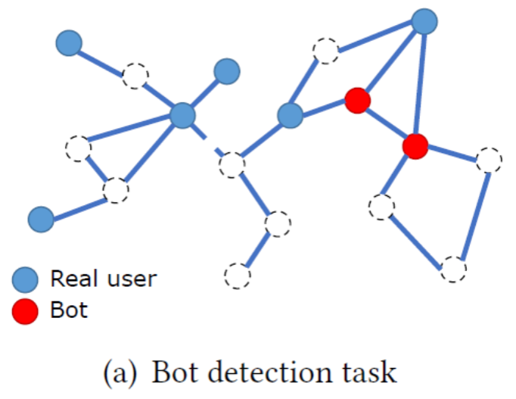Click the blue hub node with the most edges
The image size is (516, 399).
(x=182, y=116)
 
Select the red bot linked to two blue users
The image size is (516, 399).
(x=356, y=99)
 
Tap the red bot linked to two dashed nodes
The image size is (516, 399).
(x=415, y=145)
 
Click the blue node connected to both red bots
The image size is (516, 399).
(x=424, y=20)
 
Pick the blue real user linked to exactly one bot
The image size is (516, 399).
(x=290, y=116)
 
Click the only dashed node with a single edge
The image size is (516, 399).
(x=238, y=273)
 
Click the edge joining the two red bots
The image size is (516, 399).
(x=386, y=122)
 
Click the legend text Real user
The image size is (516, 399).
(x=103, y=279)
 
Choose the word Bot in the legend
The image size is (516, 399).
(x=70, y=310)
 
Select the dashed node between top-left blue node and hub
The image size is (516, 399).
(x=136, y=76)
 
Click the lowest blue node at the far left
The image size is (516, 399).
(x=40, y=220)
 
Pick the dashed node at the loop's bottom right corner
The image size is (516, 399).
(x=453, y=269)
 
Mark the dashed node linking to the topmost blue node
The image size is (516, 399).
(x=325, y=51)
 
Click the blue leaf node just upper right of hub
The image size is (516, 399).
(x=226, y=71)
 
